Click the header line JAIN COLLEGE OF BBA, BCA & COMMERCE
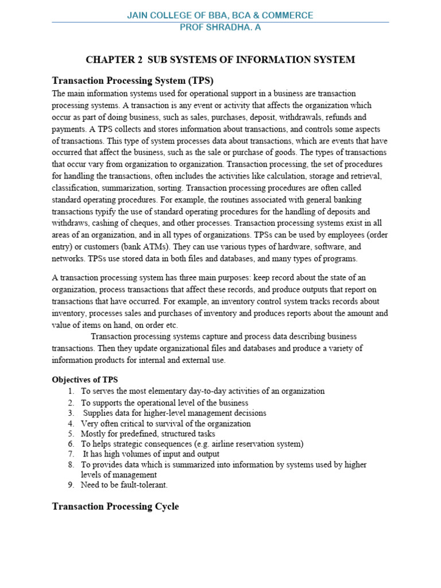click(x=220, y=16)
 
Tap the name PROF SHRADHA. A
click(x=220, y=27)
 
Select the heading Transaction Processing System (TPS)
click(x=133, y=80)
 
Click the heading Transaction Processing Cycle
click(x=115, y=506)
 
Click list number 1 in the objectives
click(x=71, y=391)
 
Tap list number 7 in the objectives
click(x=71, y=454)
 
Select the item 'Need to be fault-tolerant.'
click(x=125, y=485)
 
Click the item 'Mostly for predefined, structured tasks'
click(x=148, y=434)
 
